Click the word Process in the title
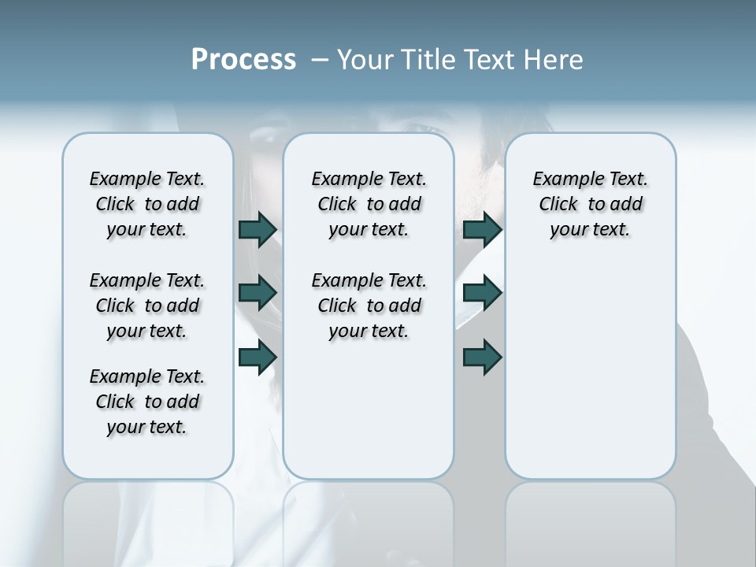click(x=243, y=59)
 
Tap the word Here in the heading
click(x=554, y=60)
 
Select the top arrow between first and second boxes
click(x=258, y=229)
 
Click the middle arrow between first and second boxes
click(x=258, y=293)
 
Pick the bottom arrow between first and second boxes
click(x=258, y=358)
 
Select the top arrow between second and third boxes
click(x=482, y=229)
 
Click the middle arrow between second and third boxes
click(x=482, y=293)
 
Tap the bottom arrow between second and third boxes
click(x=482, y=358)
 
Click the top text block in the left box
click(x=147, y=204)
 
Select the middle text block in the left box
click(x=147, y=306)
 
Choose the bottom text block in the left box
click(x=147, y=402)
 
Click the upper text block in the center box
click(x=369, y=204)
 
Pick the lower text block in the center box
click(x=369, y=306)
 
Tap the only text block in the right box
click(x=590, y=204)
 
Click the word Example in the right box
click(x=561, y=180)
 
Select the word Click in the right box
click(x=558, y=205)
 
